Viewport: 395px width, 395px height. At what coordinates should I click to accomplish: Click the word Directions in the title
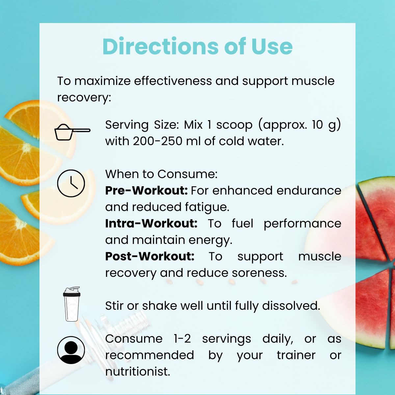(x=161, y=46)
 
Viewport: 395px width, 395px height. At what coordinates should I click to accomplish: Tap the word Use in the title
(x=272, y=46)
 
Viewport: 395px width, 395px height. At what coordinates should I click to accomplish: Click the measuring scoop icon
(x=72, y=132)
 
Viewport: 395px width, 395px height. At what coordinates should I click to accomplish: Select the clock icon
(x=71, y=183)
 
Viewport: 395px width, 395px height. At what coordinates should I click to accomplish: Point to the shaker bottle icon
(x=71, y=304)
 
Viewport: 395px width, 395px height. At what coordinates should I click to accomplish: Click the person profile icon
(x=71, y=350)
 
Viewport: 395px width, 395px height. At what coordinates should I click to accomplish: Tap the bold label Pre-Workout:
(x=146, y=191)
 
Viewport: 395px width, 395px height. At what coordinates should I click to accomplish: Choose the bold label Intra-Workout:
(x=151, y=223)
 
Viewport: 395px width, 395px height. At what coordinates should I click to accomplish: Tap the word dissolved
(x=291, y=305)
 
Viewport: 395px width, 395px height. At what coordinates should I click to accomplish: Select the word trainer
(x=296, y=355)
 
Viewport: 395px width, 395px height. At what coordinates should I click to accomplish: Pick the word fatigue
(x=207, y=207)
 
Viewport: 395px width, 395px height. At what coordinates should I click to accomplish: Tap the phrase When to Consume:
(x=161, y=174)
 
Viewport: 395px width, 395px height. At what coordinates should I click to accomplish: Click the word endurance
(x=309, y=191)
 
